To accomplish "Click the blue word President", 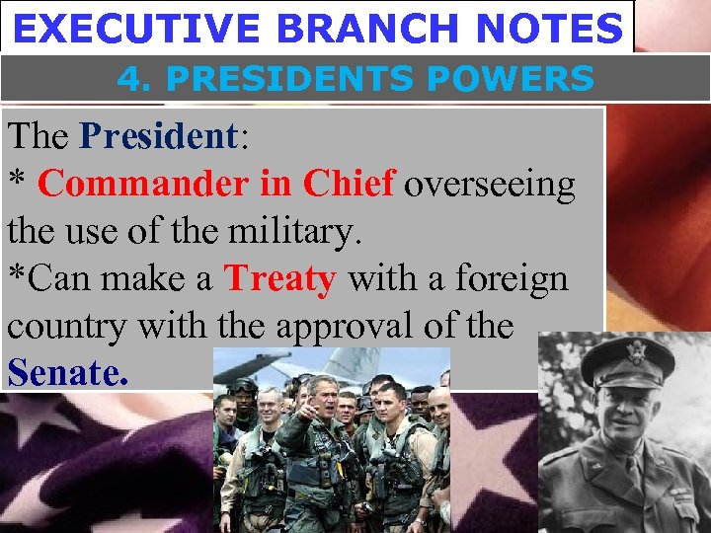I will [159, 136].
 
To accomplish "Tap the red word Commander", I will [138, 184].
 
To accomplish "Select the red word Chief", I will [349, 184].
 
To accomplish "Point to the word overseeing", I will [490, 184].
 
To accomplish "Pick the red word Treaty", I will [279, 279].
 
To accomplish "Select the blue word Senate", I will [68, 374].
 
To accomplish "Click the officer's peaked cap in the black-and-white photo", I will [628, 360].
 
